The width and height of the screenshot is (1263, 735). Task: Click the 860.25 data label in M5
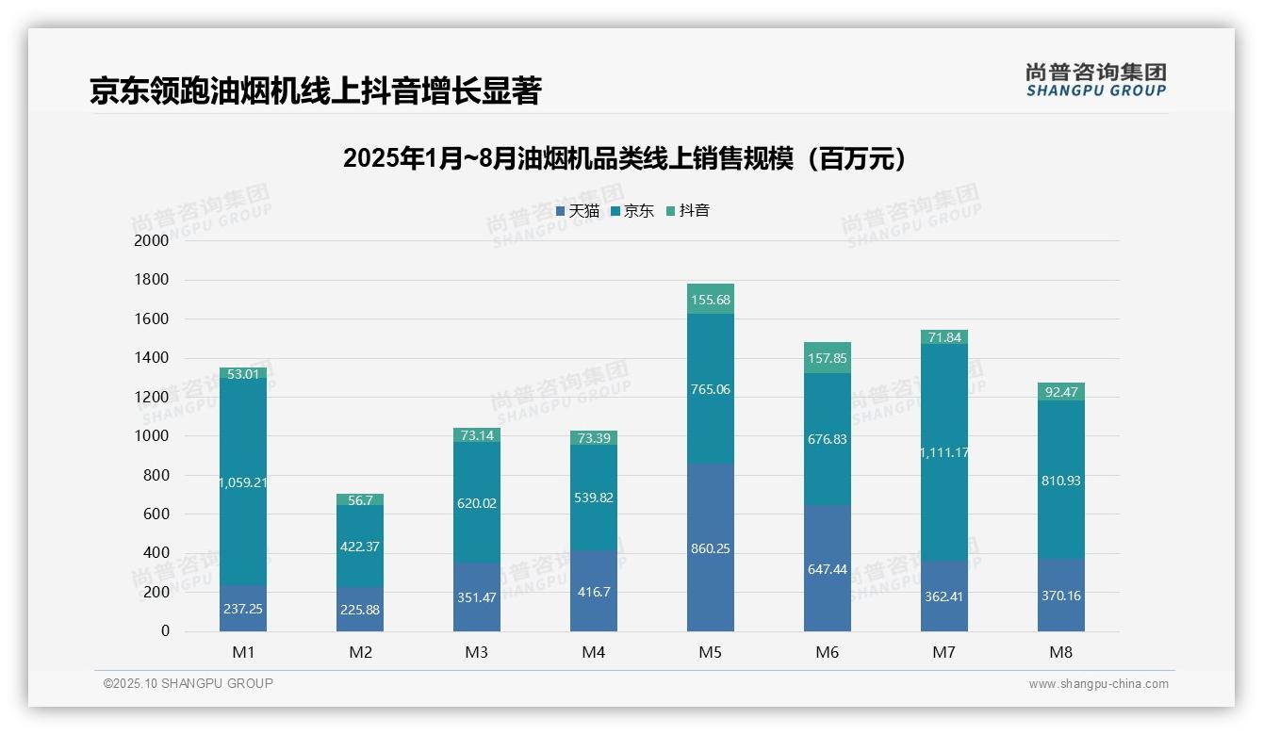(x=711, y=548)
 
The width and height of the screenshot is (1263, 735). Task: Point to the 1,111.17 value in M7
(x=943, y=452)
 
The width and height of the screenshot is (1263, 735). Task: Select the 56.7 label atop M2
(x=360, y=500)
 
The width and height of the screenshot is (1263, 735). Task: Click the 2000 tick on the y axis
(x=152, y=240)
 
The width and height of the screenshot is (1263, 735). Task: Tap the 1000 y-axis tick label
(x=152, y=436)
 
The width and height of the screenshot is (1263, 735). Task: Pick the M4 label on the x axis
(x=594, y=652)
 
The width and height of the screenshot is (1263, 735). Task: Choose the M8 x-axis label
(x=1061, y=652)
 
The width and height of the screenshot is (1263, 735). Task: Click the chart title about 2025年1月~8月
(x=625, y=158)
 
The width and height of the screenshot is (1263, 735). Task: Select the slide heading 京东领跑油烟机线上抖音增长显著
(x=315, y=90)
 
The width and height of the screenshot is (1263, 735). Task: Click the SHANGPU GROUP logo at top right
(x=1095, y=79)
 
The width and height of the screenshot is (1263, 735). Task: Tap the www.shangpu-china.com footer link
(x=1098, y=684)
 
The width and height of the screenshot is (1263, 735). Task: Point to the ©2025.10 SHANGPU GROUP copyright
(x=189, y=683)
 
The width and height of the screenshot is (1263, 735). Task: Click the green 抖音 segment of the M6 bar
(x=828, y=358)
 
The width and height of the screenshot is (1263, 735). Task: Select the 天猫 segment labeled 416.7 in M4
(x=594, y=592)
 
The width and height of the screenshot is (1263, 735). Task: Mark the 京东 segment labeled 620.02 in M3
(x=477, y=503)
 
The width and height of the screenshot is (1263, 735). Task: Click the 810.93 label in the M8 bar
(x=1061, y=481)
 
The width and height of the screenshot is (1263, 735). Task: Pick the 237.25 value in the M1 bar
(x=243, y=609)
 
